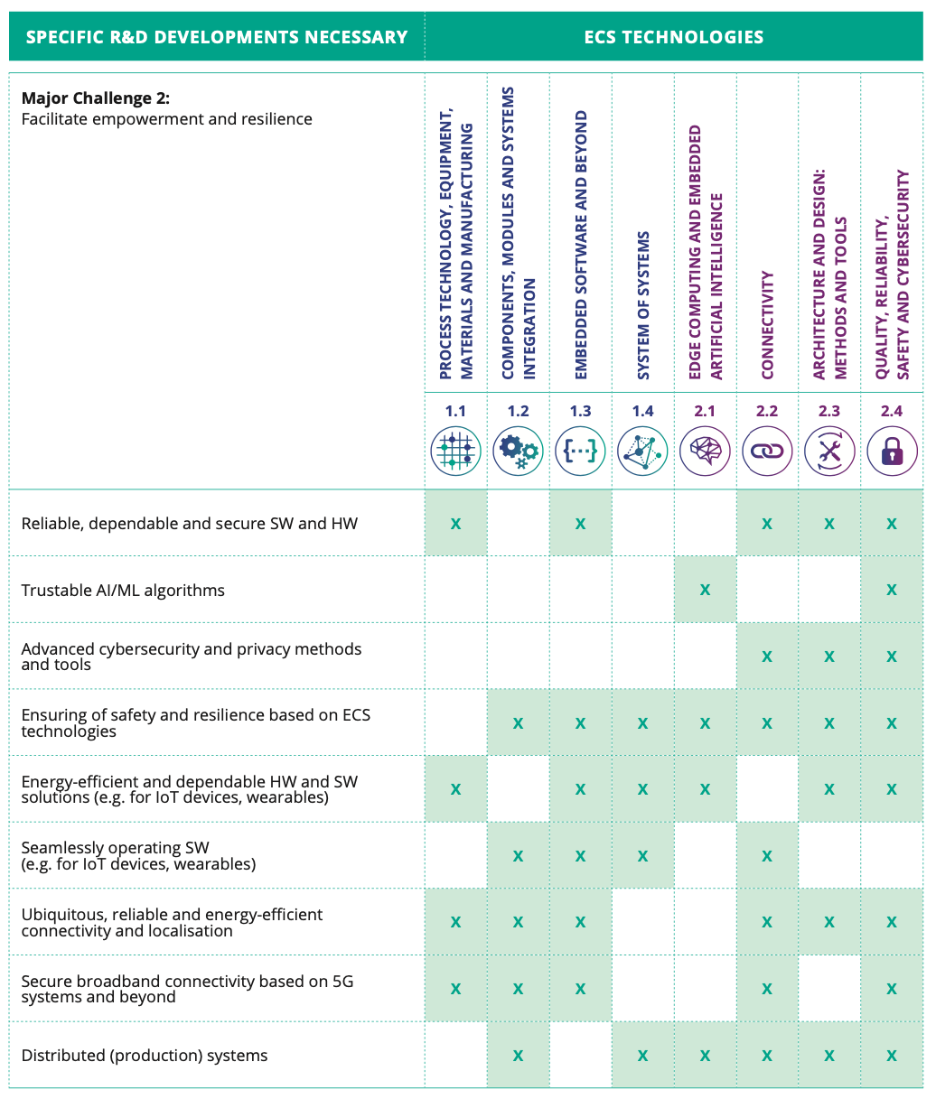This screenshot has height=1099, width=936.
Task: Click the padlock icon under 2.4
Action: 892,450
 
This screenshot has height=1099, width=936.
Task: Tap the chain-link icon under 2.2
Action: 767,450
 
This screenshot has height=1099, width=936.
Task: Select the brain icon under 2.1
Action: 705,450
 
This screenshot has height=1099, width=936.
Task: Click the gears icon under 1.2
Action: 518,450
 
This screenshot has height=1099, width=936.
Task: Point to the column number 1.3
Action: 580,411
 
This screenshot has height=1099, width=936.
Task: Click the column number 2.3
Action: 829,411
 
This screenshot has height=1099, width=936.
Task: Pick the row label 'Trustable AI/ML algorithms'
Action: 123,591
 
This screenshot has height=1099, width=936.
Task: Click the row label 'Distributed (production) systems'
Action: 145,1056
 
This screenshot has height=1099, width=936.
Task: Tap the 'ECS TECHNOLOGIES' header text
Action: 674,37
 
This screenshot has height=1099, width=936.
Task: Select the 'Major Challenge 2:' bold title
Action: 96,98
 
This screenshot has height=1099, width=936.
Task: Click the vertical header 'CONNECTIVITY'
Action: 767,325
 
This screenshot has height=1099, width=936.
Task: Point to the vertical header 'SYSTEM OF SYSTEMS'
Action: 642,306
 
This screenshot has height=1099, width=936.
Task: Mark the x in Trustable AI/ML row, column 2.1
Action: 705,591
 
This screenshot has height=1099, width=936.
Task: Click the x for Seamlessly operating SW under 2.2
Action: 767,856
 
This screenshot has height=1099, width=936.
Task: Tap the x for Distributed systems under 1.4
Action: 642,1056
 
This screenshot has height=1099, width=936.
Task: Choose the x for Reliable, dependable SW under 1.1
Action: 455,524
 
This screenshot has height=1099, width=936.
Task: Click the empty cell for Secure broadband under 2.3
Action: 829,989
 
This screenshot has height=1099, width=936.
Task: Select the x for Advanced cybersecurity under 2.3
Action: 829,657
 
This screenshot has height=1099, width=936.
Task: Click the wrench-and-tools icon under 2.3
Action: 829,450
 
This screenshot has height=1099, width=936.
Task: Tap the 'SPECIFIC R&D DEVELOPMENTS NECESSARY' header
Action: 217,37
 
